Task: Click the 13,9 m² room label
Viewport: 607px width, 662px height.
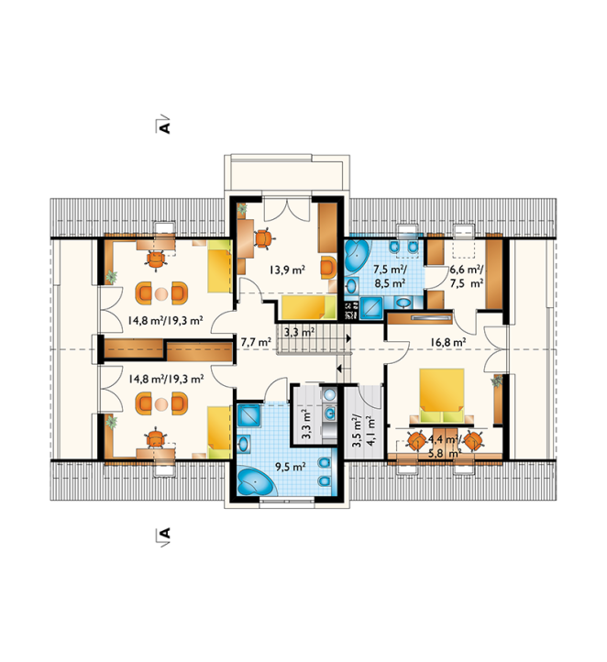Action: (x=287, y=270)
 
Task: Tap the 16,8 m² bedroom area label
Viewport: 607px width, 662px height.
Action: (x=447, y=342)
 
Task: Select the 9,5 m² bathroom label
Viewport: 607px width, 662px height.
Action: (x=291, y=467)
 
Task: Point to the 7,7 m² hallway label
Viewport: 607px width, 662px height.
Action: (x=256, y=342)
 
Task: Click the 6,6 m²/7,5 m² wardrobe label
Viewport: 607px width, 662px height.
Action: (x=467, y=276)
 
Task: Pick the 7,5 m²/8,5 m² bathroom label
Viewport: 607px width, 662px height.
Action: (x=391, y=276)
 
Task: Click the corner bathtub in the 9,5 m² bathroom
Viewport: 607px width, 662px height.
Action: (x=255, y=480)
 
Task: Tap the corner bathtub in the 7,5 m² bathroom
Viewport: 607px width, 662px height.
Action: (x=358, y=256)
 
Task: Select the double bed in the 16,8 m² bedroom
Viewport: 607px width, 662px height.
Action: (x=442, y=395)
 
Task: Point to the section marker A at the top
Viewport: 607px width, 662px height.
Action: (x=165, y=126)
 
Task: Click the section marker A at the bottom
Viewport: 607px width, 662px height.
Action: (x=165, y=534)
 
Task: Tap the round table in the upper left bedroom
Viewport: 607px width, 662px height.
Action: (x=161, y=293)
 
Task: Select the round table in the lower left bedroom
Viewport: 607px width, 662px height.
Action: (x=161, y=404)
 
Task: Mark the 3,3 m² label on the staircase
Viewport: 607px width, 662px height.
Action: (x=299, y=332)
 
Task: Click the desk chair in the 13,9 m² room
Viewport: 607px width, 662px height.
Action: (x=263, y=238)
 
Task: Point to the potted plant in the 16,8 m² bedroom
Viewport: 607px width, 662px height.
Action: (x=497, y=381)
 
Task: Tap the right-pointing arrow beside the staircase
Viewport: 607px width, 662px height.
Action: (x=348, y=338)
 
